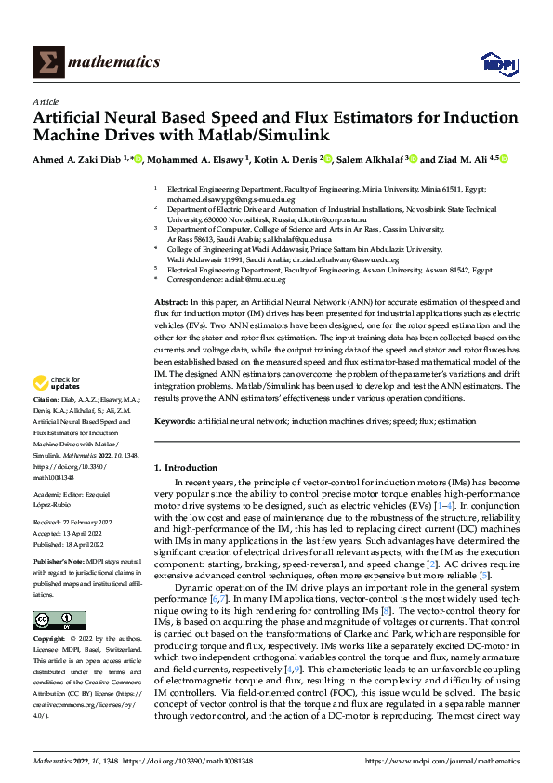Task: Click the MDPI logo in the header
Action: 497,62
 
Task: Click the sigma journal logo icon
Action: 46,62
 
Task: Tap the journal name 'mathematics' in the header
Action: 114,62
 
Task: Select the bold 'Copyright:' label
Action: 51,640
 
